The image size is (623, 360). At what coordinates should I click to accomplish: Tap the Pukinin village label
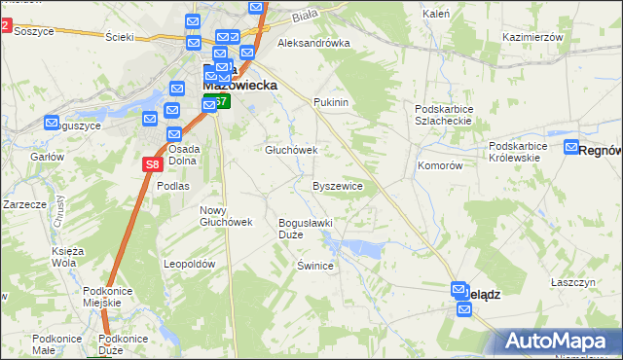pos(331,102)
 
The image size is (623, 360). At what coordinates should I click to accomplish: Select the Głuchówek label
pos(292,151)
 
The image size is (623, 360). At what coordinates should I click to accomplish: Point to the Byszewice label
pos(338,186)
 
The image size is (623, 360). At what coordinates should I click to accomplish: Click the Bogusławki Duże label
pos(306,228)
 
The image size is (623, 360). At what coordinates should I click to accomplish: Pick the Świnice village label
pos(316,266)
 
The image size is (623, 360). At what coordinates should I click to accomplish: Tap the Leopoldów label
pos(189,264)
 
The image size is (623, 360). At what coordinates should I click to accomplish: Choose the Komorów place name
pos(440,166)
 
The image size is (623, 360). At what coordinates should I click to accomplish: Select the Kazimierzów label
pos(533,36)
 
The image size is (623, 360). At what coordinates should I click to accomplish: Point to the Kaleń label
pos(435,15)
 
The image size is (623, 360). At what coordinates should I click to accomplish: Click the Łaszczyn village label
pos(572,281)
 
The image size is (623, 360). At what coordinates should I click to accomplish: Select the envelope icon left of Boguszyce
pos(52,123)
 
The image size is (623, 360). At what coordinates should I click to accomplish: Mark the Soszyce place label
pos(33,31)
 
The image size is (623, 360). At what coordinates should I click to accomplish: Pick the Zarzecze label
pos(25,205)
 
